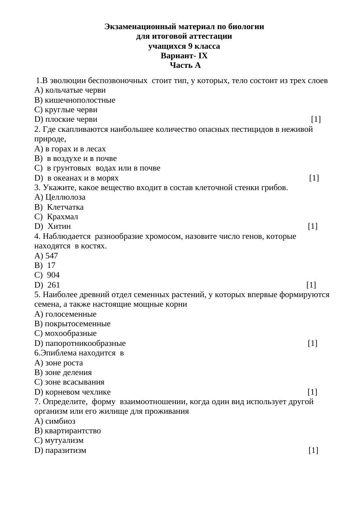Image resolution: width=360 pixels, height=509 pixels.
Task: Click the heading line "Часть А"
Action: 185,66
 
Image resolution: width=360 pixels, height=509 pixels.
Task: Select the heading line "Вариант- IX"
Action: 184,56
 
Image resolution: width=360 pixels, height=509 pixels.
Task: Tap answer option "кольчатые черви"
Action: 75,90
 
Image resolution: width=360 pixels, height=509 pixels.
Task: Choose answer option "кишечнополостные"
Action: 80,100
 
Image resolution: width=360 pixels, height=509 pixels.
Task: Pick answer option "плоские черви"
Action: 71,119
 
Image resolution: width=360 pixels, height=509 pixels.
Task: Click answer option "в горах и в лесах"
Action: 75,149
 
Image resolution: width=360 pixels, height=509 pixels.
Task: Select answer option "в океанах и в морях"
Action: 82,178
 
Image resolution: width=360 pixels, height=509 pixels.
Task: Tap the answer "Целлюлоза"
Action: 65,197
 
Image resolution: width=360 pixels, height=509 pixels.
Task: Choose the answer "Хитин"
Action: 59,226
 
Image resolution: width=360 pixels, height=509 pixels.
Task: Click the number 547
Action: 52,256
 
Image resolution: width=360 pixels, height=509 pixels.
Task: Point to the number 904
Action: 53,275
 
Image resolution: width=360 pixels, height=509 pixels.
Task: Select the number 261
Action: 54,285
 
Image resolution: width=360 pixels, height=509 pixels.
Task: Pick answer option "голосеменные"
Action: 71,314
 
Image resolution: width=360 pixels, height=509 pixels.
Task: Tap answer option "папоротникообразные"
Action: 85,343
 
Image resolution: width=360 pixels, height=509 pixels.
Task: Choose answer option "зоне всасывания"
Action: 74,382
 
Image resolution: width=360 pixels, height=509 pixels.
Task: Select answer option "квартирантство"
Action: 73,431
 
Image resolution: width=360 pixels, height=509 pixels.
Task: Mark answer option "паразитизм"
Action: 65,450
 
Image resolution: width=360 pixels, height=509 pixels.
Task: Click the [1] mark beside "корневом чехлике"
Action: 312,392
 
